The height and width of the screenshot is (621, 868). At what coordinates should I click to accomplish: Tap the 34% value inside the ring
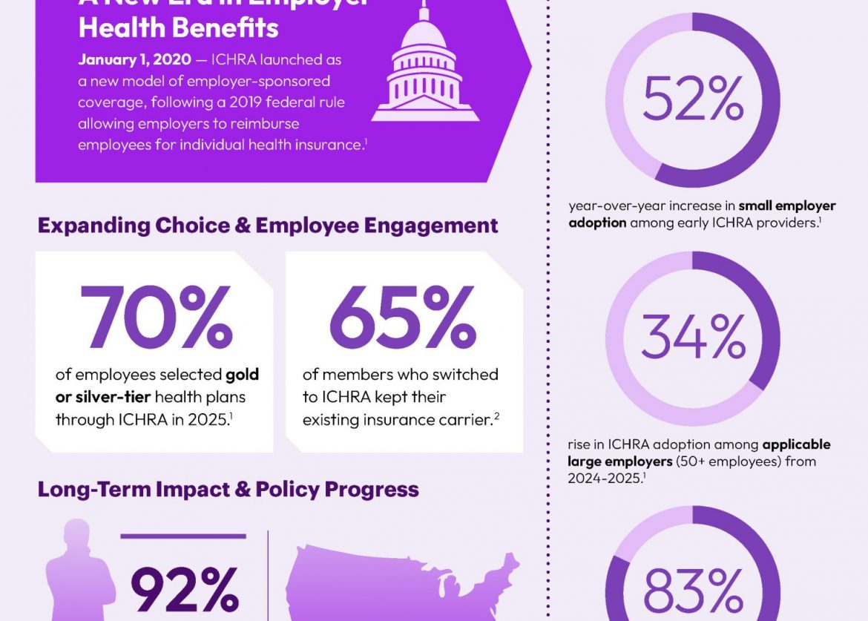tap(693, 338)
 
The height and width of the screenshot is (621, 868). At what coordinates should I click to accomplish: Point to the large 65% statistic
tap(403, 318)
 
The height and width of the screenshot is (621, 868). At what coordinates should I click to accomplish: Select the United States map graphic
tap(401, 582)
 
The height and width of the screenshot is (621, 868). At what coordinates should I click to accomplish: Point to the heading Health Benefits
tap(178, 28)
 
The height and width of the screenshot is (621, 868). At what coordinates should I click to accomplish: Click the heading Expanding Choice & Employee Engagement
tap(267, 226)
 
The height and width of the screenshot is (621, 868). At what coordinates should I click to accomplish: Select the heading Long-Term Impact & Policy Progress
tap(228, 490)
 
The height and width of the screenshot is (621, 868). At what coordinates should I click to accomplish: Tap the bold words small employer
tap(787, 206)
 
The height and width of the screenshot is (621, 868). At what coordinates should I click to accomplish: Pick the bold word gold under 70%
tap(243, 375)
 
